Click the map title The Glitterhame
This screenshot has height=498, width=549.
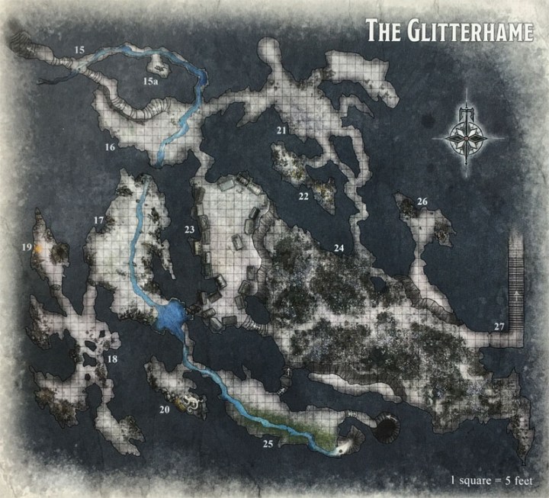click(x=448, y=31)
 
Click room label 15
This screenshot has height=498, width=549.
click(x=79, y=50)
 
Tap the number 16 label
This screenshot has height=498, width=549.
click(x=110, y=146)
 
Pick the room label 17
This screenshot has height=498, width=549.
click(x=98, y=220)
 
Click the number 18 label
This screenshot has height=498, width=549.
click(x=112, y=359)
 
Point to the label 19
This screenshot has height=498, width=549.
click(x=27, y=248)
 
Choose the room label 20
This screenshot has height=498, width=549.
click(x=163, y=410)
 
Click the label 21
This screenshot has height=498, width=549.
click(x=281, y=131)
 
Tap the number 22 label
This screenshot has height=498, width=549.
click(x=303, y=196)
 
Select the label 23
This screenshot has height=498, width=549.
click(x=190, y=229)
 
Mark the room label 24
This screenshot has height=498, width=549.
click(x=339, y=248)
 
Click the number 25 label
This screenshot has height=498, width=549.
click(x=267, y=442)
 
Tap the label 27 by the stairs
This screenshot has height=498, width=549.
click(x=499, y=327)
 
